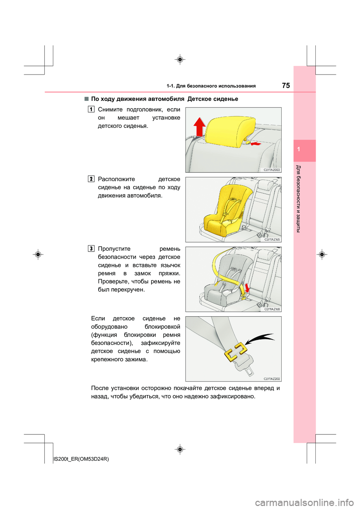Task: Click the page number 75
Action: (x=286, y=85)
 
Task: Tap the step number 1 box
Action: (x=91, y=109)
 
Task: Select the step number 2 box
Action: (x=91, y=179)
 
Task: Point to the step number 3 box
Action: (x=91, y=249)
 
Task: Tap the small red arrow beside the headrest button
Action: (x=256, y=144)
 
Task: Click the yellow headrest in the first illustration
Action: (x=231, y=132)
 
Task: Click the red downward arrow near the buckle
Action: (x=247, y=288)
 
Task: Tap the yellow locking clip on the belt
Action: (x=235, y=352)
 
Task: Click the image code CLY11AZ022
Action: (x=271, y=170)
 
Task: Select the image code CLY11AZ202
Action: (x=271, y=379)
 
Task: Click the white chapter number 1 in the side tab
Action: (x=298, y=149)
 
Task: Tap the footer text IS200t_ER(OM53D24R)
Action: (x=81, y=459)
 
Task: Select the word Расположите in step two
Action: (x=116, y=179)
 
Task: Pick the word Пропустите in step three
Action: (x=114, y=249)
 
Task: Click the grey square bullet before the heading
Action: (x=86, y=99)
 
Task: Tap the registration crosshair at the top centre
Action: (x=180, y=60)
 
